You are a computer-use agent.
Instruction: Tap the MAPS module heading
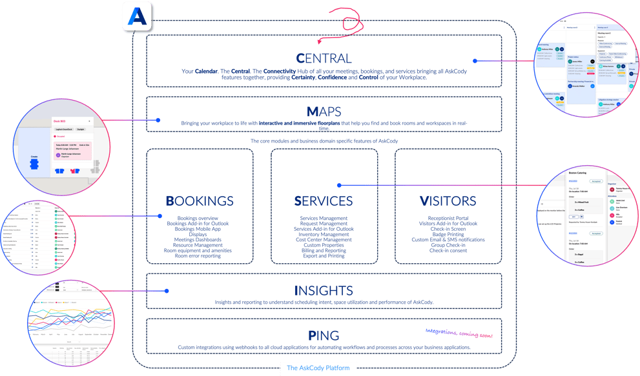tap(324, 112)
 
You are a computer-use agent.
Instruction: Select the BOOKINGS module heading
tap(200, 201)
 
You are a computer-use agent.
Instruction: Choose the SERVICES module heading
tap(324, 201)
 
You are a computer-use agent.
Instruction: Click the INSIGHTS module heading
tap(324, 290)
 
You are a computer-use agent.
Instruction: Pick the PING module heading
tap(324, 335)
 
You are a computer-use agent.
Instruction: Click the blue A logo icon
tap(137, 16)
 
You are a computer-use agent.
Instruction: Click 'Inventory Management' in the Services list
tap(324, 234)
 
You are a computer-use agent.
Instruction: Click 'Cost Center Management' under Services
tap(324, 239)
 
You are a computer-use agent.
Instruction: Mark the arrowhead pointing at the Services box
tap(339, 185)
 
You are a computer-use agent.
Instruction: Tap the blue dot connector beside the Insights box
tap(167, 292)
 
